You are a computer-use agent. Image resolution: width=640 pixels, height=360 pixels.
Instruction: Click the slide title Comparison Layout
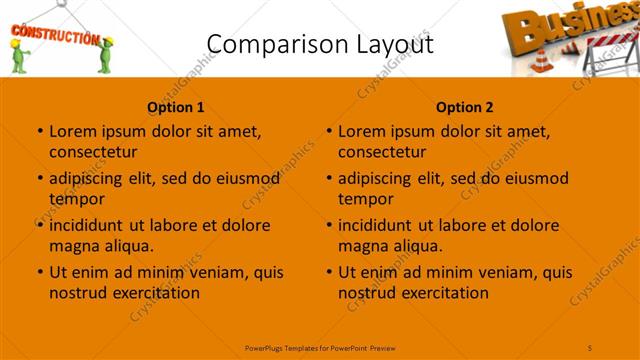(319, 43)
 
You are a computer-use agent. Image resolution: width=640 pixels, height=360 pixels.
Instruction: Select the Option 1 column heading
(176, 107)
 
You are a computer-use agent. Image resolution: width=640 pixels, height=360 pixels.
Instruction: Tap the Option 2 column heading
(465, 107)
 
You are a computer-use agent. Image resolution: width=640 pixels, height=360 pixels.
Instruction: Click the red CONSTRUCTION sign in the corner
(54, 37)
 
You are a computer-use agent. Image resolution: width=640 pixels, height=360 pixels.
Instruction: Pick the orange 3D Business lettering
(545, 25)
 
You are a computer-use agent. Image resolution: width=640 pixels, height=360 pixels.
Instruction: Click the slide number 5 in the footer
(591, 346)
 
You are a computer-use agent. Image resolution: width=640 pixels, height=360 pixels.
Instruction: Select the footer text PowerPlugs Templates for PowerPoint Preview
(320, 346)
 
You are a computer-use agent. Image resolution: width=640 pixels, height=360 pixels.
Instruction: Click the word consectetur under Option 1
(93, 152)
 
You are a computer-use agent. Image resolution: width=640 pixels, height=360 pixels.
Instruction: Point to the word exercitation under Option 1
(154, 293)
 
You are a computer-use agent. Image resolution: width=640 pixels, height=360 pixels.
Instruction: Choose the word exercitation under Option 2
(443, 293)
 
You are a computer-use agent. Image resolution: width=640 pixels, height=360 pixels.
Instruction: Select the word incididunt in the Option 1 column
(86, 225)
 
